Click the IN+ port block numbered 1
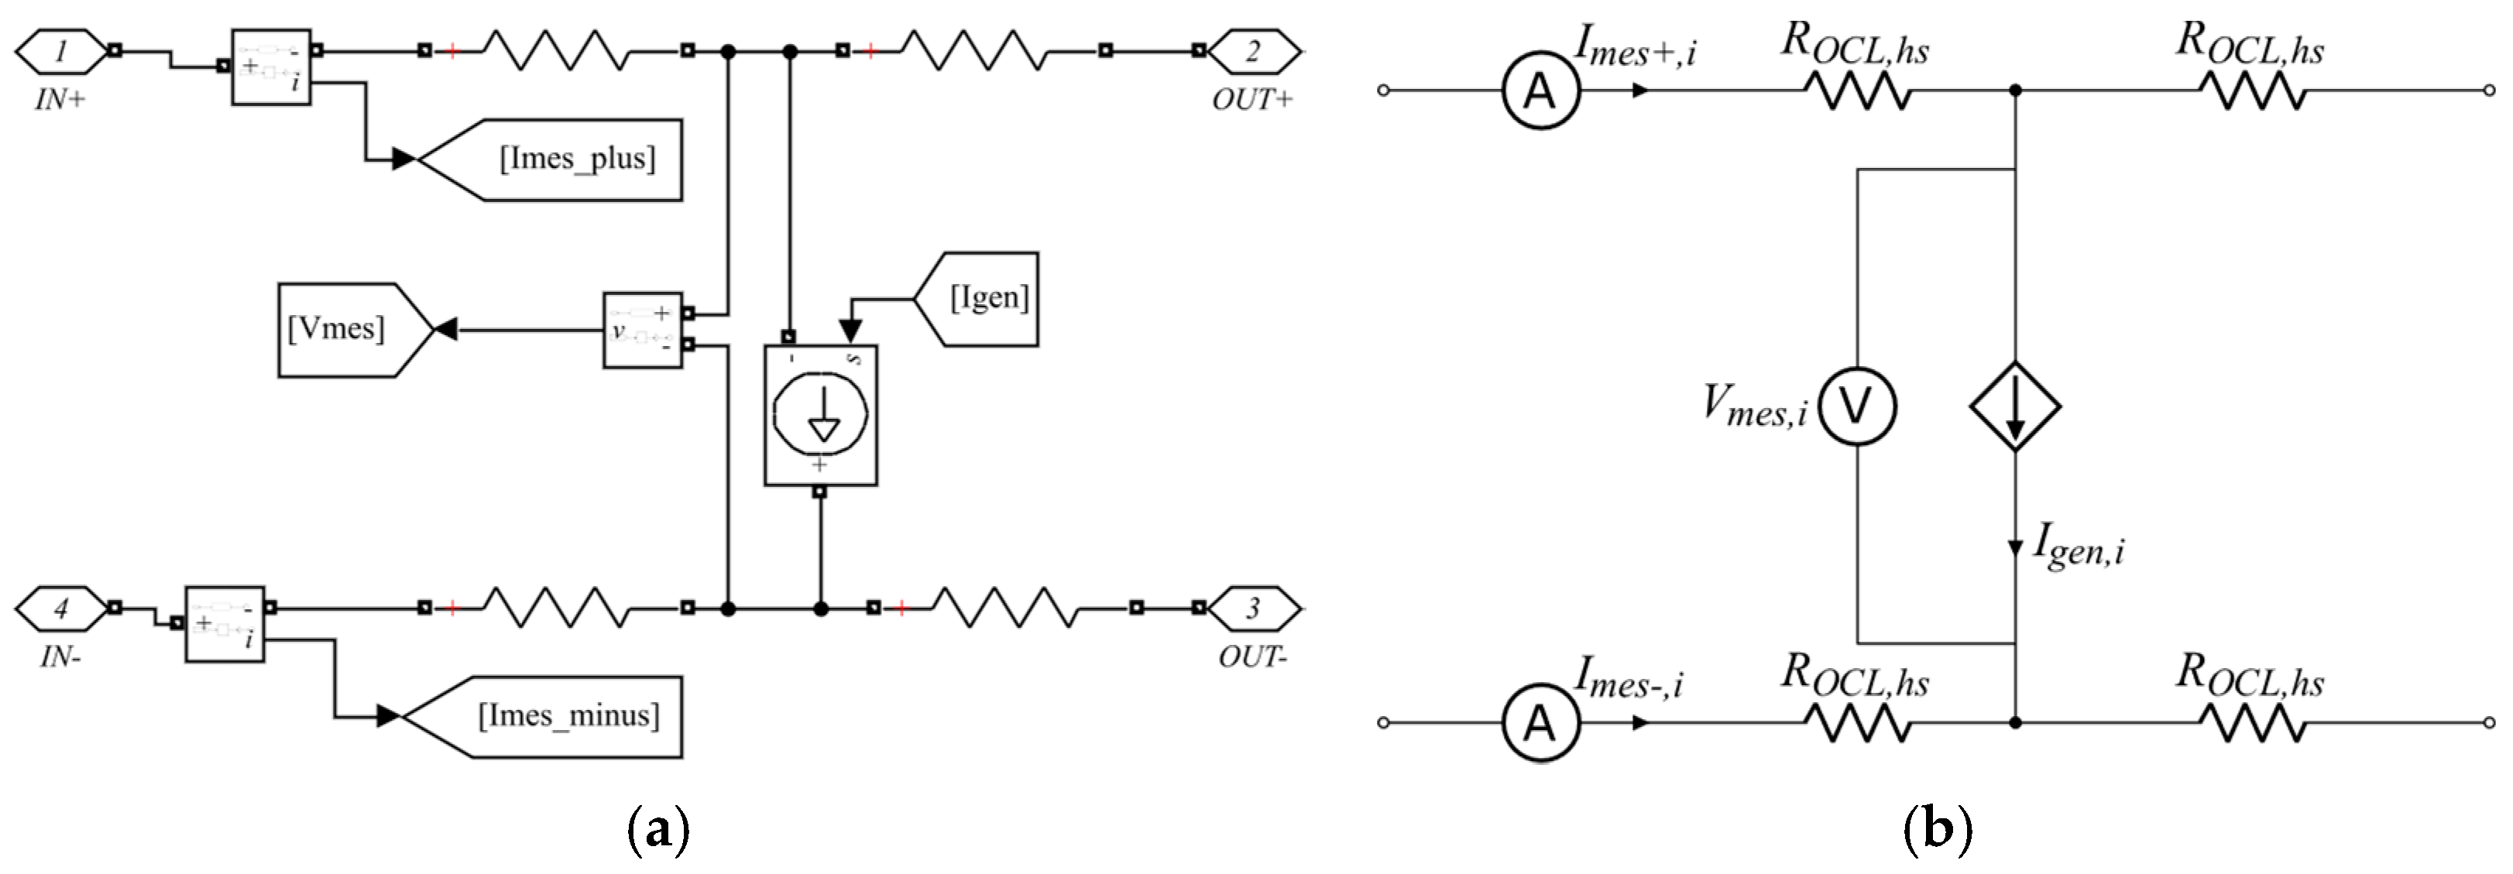click(x=60, y=51)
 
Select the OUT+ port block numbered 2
click(x=1254, y=51)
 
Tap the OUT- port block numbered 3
click(x=1254, y=608)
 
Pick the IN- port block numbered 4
click(x=60, y=608)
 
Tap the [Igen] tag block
click(x=981, y=299)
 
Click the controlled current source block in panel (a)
click(x=820, y=415)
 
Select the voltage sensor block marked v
click(x=642, y=330)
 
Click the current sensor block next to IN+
click(x=271, y=67)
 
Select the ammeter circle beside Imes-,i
click(x=1540, y=723)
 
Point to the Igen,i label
click(x=2078, y=547)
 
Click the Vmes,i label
click(x=1754, y=406)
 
